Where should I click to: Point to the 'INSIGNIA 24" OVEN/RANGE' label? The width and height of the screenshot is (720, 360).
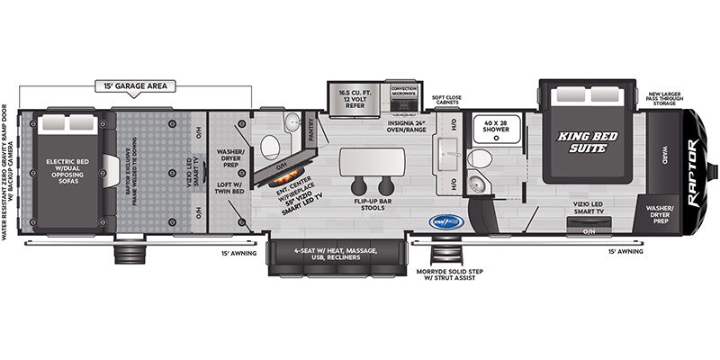(x=406, y=127)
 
